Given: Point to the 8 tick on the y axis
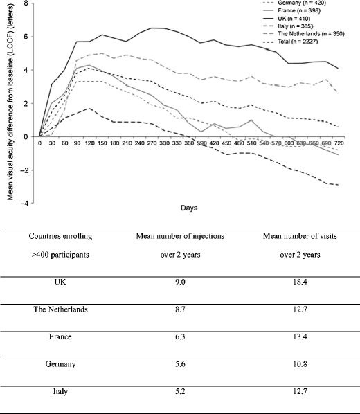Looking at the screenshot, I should (26, 3).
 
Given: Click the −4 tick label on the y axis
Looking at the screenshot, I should (25, 204).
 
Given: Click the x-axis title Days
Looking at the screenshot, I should (186, 208).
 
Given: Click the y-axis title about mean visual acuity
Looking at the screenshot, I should (12, 104).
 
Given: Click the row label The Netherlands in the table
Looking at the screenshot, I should (60, 309).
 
